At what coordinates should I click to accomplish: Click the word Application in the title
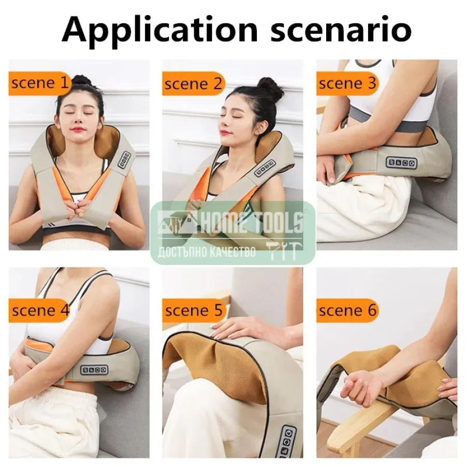click(159, 30)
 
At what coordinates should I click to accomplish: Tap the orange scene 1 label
click(39, 83)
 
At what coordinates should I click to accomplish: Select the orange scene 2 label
click(193, 83)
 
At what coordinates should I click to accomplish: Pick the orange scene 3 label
click(347, 83)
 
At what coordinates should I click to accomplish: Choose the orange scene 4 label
click(39, 311)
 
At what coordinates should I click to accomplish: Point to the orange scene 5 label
click(193, 311)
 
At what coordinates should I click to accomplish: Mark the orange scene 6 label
click(347, 311)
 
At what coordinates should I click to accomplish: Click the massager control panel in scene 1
click(124, 160)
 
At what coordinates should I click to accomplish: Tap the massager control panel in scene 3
click(401, 162)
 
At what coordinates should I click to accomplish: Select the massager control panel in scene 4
click(94, 370)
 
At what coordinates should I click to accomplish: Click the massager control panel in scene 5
click(287, 441)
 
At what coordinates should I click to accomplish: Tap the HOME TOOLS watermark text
click(252, 222)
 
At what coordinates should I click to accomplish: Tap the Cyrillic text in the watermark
click(207, 252)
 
